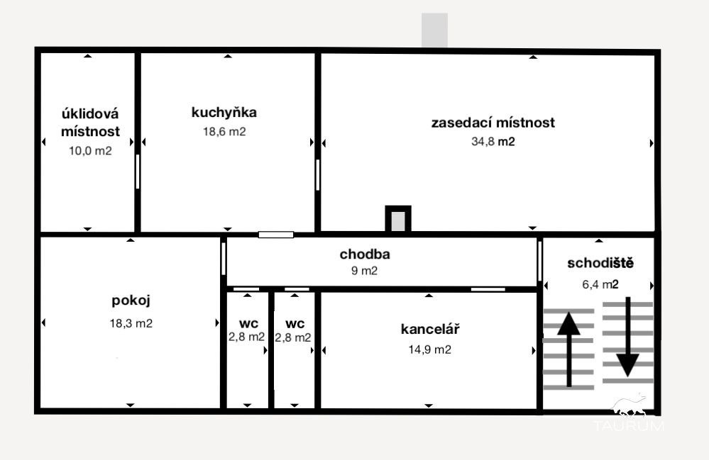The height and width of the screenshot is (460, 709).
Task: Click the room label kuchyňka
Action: (224, 113)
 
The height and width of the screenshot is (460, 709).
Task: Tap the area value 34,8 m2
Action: (493, 141)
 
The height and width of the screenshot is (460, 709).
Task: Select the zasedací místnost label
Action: (493, 123)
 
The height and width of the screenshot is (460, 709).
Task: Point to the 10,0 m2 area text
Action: (90, 151)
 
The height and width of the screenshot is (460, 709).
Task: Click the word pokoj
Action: (131, 301)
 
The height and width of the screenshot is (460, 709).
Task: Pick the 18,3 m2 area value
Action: (131, 323)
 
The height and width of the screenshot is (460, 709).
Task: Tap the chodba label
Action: (365, 254)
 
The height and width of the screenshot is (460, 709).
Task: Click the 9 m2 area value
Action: (365, 271)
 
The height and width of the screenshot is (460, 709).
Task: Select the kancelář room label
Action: (430, 329)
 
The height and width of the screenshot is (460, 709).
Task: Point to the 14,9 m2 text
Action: (429, 349)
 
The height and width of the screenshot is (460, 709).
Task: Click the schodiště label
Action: (600, 263)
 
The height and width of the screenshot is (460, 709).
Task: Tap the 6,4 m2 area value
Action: (600, 284)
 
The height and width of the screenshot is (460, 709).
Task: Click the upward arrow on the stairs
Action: (568, 350)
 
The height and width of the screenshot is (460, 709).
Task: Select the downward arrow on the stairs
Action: (627, 337)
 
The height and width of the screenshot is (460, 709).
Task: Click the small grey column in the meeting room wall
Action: (398, 220)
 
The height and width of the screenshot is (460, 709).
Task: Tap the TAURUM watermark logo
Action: (629, 414)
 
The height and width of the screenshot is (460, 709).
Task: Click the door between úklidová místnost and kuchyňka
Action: (138, 172)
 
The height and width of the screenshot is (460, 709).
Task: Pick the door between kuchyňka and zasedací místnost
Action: (317, 175)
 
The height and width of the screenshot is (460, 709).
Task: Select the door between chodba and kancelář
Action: (488, 289)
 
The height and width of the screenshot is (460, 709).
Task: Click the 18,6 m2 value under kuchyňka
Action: (224, 131)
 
